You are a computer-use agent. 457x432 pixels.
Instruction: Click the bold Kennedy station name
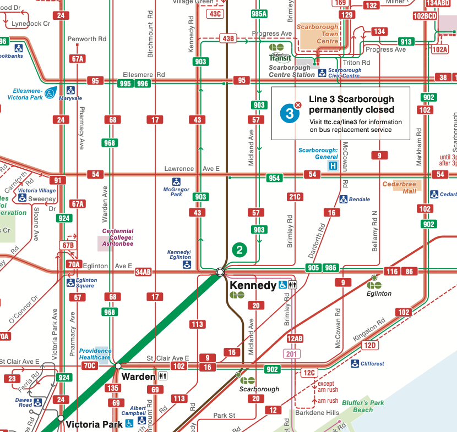point(253,285)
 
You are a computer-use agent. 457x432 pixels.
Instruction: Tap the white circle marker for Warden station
point(117,365)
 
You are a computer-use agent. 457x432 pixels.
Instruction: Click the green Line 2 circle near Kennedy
point(239,250)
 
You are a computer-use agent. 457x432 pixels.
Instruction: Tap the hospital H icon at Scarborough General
point(333,165)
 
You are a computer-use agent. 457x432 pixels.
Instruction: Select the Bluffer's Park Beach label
point(362,406)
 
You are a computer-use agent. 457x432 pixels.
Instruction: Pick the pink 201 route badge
point(292,355)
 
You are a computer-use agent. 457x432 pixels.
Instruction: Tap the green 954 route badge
point(274,178)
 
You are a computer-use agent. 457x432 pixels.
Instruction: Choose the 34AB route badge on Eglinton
point(143,272)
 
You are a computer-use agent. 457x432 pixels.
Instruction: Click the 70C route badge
point(89,365)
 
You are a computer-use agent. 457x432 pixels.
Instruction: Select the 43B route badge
point(228,38)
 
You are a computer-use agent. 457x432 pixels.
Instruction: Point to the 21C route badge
point(295,197)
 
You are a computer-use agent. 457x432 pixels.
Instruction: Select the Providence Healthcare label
point(95,354)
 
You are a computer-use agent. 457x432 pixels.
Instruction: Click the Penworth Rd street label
point(86,39)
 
